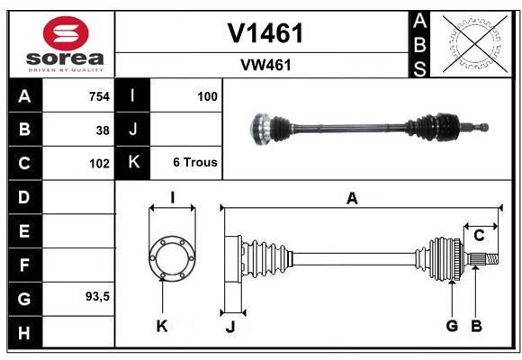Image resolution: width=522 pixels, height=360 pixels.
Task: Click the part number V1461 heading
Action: tap(265, 33)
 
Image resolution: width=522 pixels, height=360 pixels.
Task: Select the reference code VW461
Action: tap(265, 65)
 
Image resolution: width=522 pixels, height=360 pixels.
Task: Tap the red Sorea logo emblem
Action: tap(66, 33)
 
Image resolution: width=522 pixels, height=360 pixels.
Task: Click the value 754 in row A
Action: tap(99, 96)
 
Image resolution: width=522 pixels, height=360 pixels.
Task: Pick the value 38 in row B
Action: tap(103, 130)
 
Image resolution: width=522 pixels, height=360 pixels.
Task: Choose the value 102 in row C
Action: tap(99, 164)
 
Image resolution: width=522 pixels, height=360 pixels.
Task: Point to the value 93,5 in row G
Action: tap(97, 296)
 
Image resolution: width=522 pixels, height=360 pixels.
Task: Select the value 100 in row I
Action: tap(207, 96)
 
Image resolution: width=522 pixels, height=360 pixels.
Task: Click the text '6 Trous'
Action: tap(195, 162)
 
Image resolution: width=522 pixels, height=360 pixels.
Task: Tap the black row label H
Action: tap(25, 332)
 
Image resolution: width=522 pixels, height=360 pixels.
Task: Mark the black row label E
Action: tap(25, 230)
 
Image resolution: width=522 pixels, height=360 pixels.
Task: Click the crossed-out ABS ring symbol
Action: tap(474, 44)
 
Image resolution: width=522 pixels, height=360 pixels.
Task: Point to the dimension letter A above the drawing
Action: tap(352, 199)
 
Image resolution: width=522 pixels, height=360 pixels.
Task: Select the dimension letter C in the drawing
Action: tap(479, 236)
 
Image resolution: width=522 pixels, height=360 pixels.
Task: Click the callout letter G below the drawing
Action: tap(452, 326)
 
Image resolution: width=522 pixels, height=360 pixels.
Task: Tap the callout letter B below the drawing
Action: tap(476, 326)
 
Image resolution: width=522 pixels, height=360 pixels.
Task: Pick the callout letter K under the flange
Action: tap(162, 326)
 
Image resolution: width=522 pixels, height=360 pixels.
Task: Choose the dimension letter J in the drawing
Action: tap(230, 327)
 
